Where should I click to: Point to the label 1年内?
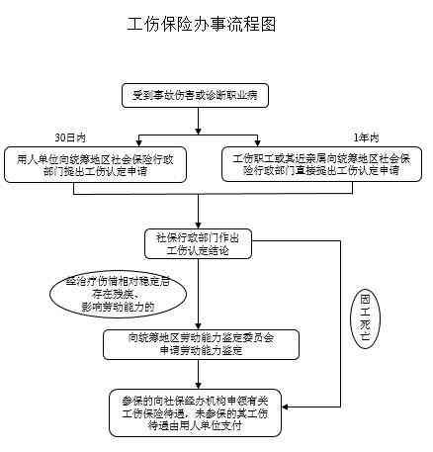click(365, 136)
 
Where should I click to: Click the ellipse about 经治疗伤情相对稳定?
click(110, 294)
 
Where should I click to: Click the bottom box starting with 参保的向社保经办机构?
click(202, 411)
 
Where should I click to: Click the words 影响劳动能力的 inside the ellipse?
click(110, 308)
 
